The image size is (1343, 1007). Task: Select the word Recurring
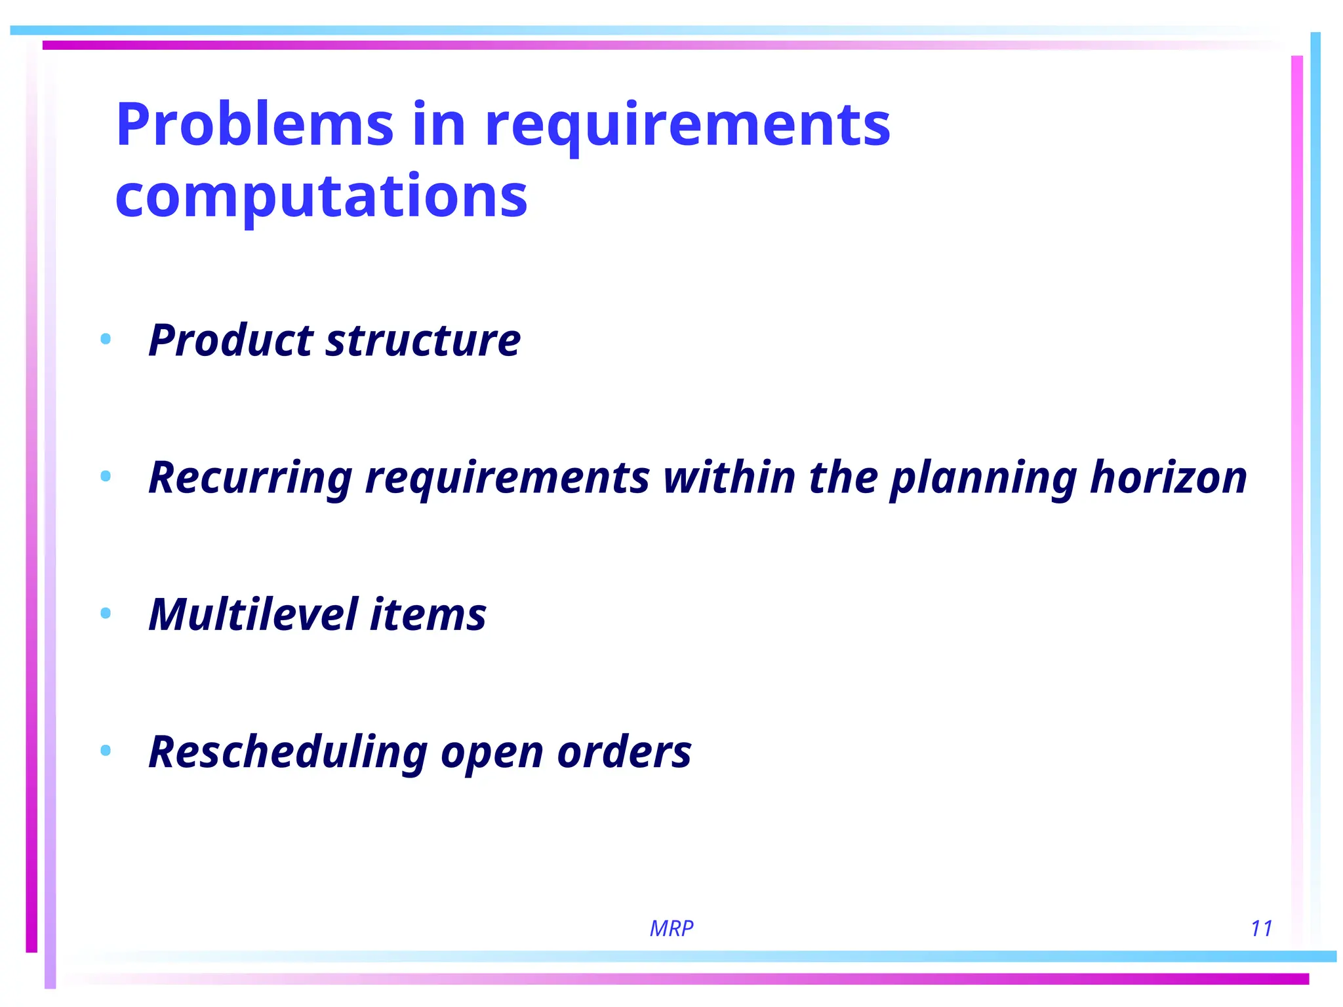tap(251, 477)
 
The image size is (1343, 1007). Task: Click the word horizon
tap(1168, 477)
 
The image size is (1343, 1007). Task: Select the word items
tap(428, 614)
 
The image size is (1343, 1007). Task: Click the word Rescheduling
tap(289, 751)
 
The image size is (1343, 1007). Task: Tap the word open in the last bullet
tap(492, 753)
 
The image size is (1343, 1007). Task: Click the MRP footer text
tap(671, 928)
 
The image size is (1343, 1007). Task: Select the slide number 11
tap(1261, 928)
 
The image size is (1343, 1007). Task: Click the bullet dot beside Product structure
tap(106, 339)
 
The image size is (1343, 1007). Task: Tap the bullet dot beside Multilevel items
tap(106, 613)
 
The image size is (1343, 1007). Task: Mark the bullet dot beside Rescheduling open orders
tap(106, 750)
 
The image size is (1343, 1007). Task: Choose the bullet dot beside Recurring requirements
tap(106, 476)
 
